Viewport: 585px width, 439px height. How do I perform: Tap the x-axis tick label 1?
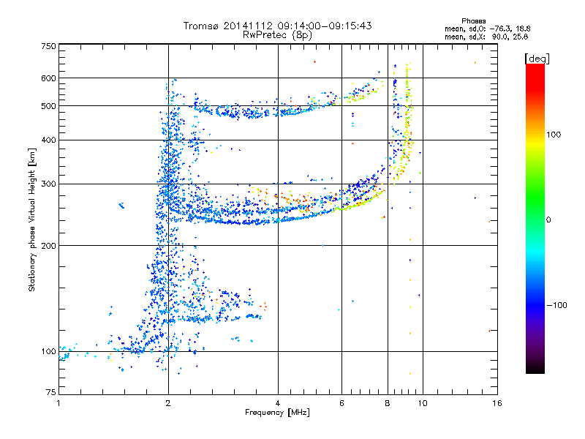coord(58,403)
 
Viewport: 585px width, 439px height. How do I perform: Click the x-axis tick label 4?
coord(278,403)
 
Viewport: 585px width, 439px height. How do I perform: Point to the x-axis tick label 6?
coord(341,403)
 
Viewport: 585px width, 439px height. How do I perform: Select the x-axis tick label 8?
coord(388,403)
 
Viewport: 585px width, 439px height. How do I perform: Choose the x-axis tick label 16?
coord(497,403)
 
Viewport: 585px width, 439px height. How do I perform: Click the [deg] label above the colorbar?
coord(537,57)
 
